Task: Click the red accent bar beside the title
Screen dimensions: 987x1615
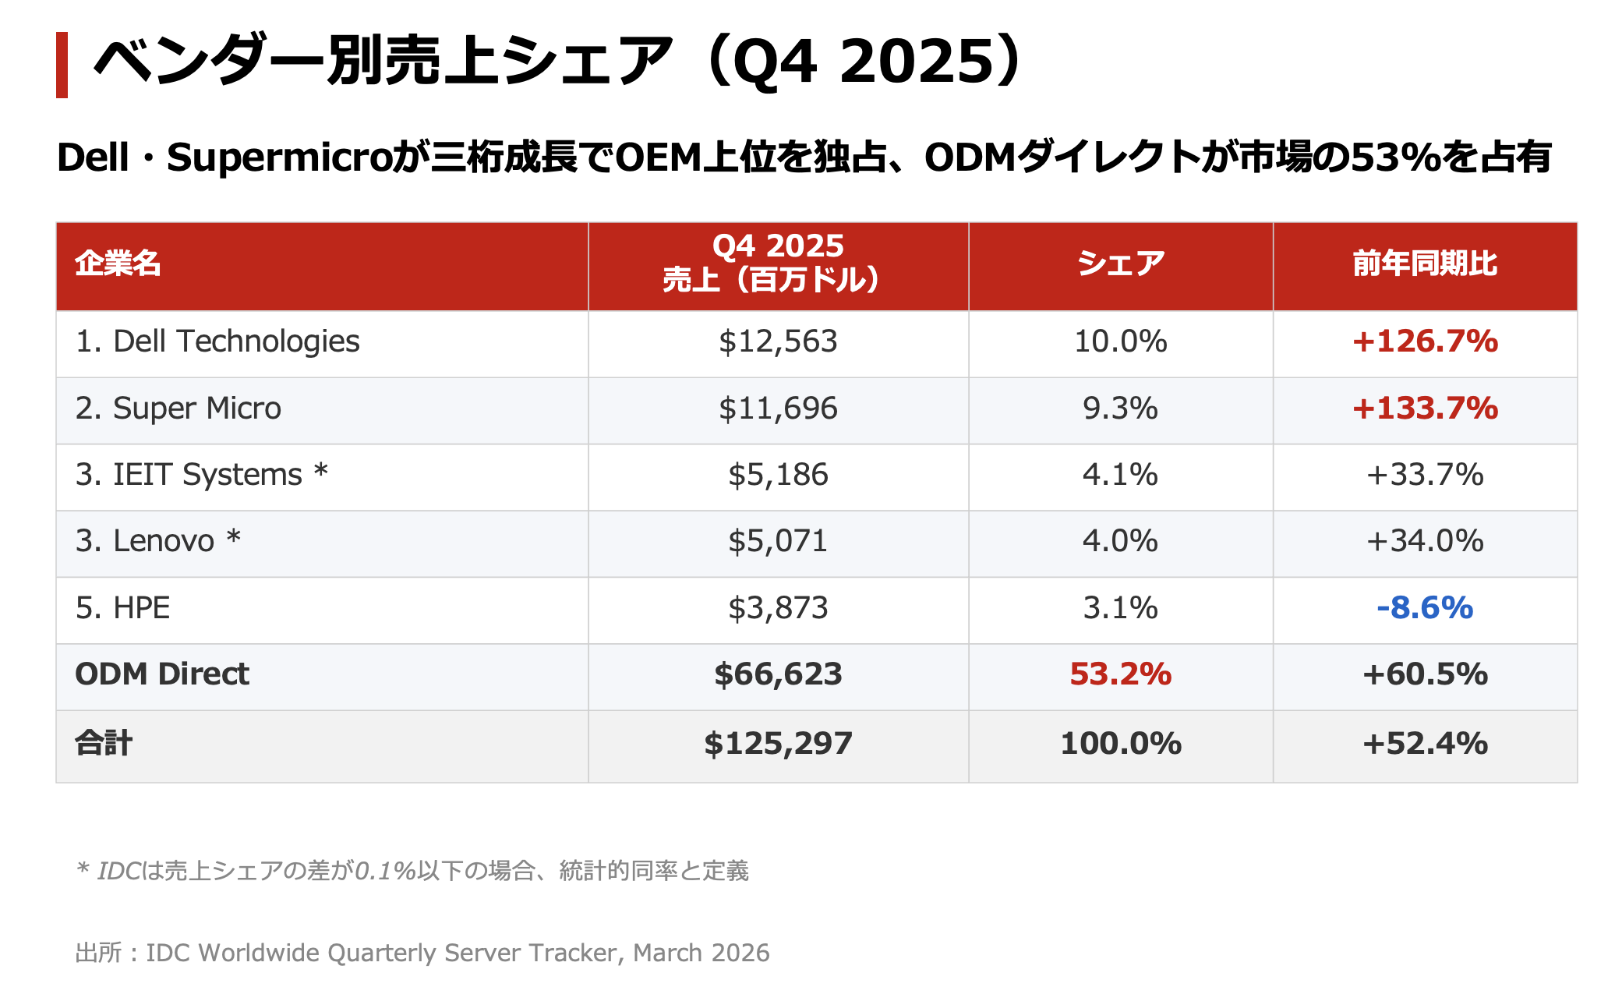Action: [62, 65]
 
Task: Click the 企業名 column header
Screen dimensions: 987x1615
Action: [118, 264]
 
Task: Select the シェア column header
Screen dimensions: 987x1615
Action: [1120, 264]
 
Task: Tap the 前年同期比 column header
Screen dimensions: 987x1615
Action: [1425, 264]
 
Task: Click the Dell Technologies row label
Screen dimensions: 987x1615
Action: [217, 341]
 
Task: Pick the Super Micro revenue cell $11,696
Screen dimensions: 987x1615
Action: [778, 409]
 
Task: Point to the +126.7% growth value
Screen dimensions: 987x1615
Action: [1425, 341]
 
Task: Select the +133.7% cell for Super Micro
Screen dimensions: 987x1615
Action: [1425, 409]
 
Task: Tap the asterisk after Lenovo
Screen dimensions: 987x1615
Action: [234, 538]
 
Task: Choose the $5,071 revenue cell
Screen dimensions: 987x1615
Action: [778, 541]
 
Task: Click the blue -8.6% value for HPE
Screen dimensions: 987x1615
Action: [1425, 608]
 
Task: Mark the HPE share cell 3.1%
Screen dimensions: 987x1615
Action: [1120, 608]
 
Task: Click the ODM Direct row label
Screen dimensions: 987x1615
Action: [162, 674]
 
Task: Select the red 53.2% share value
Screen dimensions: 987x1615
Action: [1120, 674]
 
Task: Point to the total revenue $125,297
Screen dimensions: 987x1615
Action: [778, 744]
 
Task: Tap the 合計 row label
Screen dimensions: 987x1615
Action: [104, 744]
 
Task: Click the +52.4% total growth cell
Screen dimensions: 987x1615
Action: [1425, 744]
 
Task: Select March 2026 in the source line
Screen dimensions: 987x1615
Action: [701, 953]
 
